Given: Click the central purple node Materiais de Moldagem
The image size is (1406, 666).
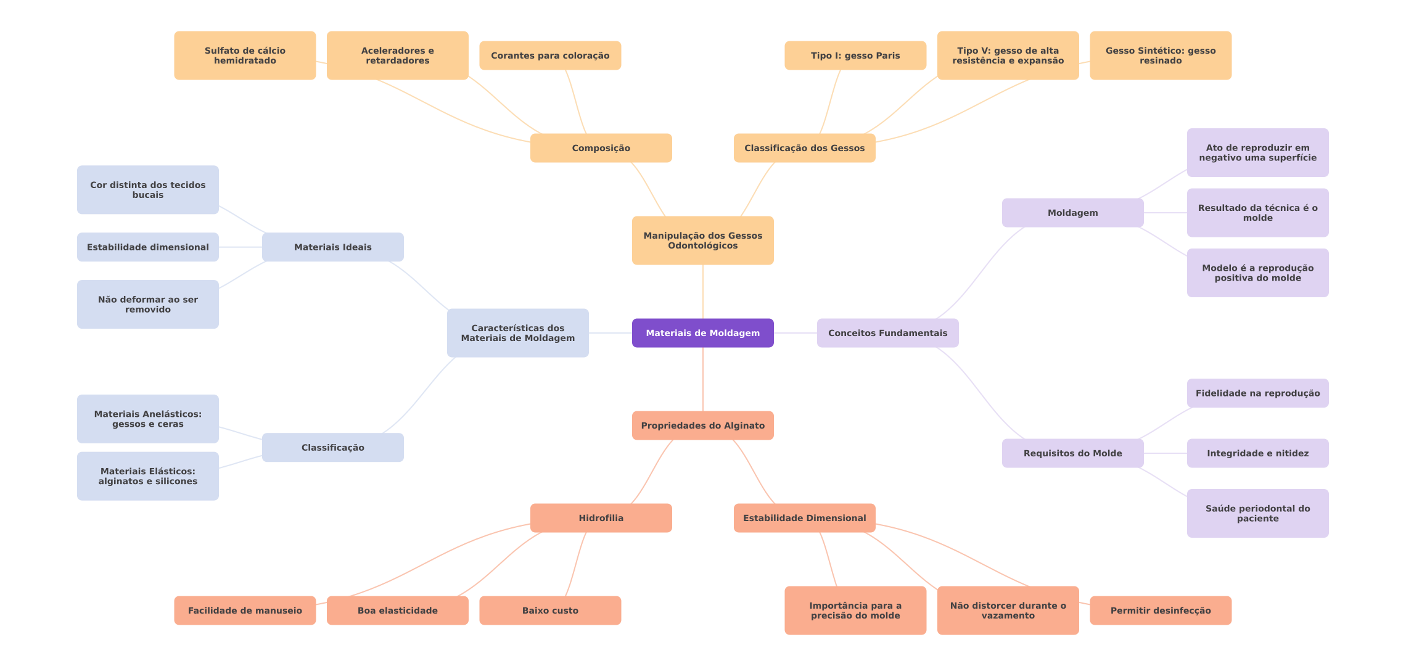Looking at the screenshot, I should [702, 333].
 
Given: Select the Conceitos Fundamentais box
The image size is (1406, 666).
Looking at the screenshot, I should [887, 333].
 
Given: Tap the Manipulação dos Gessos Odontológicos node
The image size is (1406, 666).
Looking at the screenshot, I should [702, 240].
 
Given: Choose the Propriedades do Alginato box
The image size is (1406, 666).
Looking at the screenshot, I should [702, 425].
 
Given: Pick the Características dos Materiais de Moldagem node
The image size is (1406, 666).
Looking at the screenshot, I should [517, 333].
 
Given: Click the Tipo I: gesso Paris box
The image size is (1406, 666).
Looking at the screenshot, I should [855, 55].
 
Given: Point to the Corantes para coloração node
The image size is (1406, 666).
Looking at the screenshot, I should [550, 55].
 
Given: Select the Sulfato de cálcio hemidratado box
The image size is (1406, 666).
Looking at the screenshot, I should [245, 55].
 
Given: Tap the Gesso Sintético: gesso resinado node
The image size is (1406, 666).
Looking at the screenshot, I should [1160, 55].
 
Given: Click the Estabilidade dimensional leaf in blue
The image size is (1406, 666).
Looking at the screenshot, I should [147, 247].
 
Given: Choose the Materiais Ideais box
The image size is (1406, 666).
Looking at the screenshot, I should [332, 247].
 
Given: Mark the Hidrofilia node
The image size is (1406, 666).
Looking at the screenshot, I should [601, 518].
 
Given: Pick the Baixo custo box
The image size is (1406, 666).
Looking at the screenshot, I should [550, 610].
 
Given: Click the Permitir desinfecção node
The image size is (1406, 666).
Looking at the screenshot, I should [1160, 610].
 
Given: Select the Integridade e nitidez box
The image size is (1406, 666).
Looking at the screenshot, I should [1257, 453].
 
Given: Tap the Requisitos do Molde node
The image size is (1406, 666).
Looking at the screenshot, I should [1072, 453].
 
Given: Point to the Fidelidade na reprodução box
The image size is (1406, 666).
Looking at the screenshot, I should [1257, 393].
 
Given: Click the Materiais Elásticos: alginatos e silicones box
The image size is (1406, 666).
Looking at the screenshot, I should [147, 476].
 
